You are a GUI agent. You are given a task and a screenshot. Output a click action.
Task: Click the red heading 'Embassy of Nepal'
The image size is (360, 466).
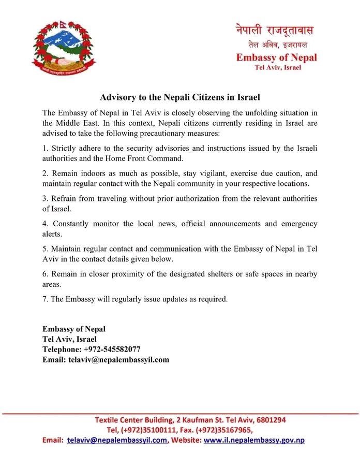coord(277,57)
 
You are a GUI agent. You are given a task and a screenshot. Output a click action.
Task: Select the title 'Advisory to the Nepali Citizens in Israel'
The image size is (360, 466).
coord(179,97)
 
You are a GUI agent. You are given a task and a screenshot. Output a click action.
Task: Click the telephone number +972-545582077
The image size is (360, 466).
coord(112,349)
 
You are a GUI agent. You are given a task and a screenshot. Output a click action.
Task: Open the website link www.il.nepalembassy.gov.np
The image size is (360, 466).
coord(254,440)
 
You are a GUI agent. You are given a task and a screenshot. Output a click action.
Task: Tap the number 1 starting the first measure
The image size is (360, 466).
coord(44,149)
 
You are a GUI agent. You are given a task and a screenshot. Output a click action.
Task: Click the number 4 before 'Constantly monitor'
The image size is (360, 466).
coord(44,224)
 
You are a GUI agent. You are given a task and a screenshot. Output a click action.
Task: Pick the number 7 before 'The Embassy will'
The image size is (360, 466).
coord(44,299)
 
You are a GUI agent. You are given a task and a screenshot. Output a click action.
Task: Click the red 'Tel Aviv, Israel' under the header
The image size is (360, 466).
coord(278,67)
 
